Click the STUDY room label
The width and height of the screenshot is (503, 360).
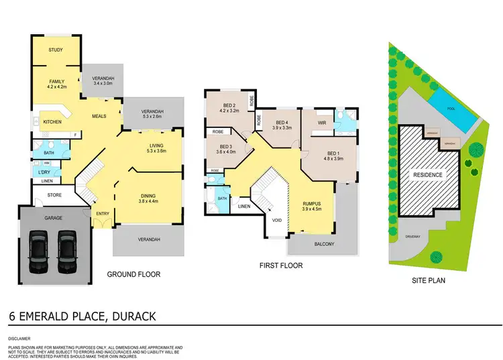point(56,50)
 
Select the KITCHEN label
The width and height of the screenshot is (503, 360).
point(53,123)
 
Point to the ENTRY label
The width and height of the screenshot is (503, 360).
point(102,214)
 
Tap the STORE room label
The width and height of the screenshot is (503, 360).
point(54,196)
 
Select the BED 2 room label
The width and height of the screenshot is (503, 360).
point(229,109)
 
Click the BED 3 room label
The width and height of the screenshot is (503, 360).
point(227,149)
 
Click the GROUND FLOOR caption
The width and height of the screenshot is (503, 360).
point(134,274)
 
